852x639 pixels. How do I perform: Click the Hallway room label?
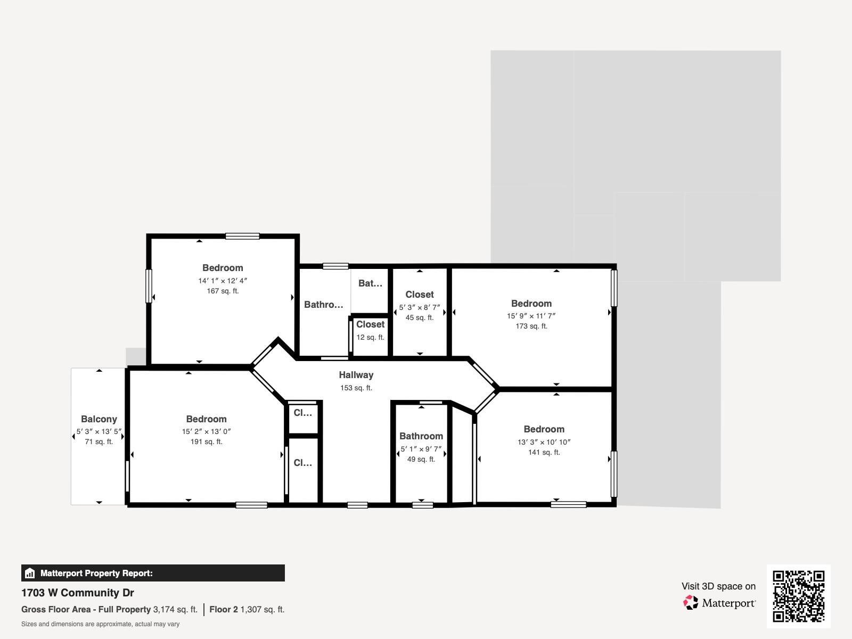pyautogui.click(x=356, y=375)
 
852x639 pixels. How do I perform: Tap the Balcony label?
pyautogui.click(x=99, y=419)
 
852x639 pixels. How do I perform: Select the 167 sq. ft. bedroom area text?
pyautogui.click(x=223, y=291)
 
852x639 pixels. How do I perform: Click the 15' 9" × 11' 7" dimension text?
pyautogui.click(x=531, y=316)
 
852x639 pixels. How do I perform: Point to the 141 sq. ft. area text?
pyautogui.click(x=544, y=452)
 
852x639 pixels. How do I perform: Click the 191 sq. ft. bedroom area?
pyautogui.click(x=206, y=441)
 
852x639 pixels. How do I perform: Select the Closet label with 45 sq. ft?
pyautogui.click(x=420, y=294)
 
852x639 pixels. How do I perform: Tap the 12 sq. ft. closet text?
pyautogui.click(x=370, y=337)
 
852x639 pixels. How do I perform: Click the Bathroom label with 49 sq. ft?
pyautogui.click(x=421, y=436)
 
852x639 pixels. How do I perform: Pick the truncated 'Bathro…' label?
pyautogui.click(x=324, y=305)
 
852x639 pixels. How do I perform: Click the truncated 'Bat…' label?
pyautogui.click(x=370, y=283)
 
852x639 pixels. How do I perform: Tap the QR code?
pyautogui.click(x=798, y=596)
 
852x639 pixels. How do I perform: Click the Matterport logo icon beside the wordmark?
pyautogui.click(x=691, y=603)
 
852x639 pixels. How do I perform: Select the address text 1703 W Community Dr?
pyautogui.click(x=78, y=593)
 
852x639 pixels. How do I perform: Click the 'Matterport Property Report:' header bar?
pyautogui.click(x=153, y=573)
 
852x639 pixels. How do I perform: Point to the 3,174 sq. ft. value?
pyautogui.click(x=175, y=609)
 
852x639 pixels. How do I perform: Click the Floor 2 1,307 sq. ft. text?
pyautogui.click(x=247, y=609)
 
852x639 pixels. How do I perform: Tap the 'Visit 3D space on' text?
pyautogui.click(x=718, y=586)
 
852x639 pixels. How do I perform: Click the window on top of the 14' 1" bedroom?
pyautogui.click(x=242, y=236)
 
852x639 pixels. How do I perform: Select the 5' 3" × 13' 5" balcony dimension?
pyautogui.click(x=99, y=431)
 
